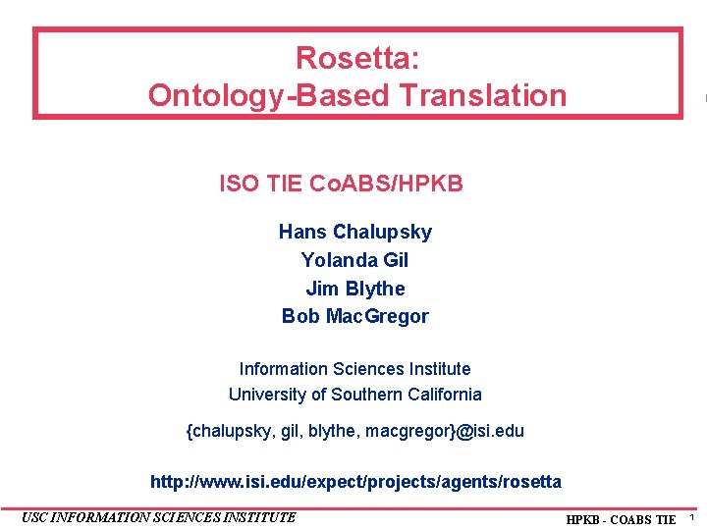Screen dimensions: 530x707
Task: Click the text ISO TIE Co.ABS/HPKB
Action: [x=341, y=184]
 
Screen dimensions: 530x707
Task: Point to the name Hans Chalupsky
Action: [x=354, y=232]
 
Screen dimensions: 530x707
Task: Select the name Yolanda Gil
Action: [x=354, y=260]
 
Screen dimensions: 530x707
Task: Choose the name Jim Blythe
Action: [x=354, y=289]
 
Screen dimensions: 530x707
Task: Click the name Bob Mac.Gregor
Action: [x=354, y=316]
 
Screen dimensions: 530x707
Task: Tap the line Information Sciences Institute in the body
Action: [x=354, y=369]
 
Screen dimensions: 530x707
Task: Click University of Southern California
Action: [x=354, y=395]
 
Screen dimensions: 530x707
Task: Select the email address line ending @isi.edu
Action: [x=354, y=431]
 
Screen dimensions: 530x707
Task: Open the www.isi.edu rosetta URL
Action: [x=354, y=482]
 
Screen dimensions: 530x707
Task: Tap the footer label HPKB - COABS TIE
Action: [x=621, y=519]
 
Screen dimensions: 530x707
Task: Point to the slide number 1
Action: [x=691, y=517]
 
